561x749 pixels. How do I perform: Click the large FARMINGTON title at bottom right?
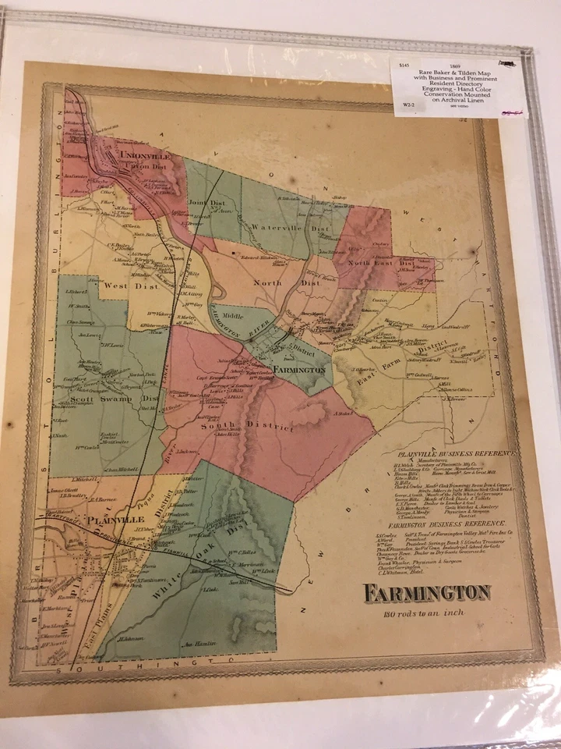point(426,593)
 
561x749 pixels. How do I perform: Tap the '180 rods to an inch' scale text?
point(424,612)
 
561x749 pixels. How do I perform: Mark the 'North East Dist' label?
point(382,263)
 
